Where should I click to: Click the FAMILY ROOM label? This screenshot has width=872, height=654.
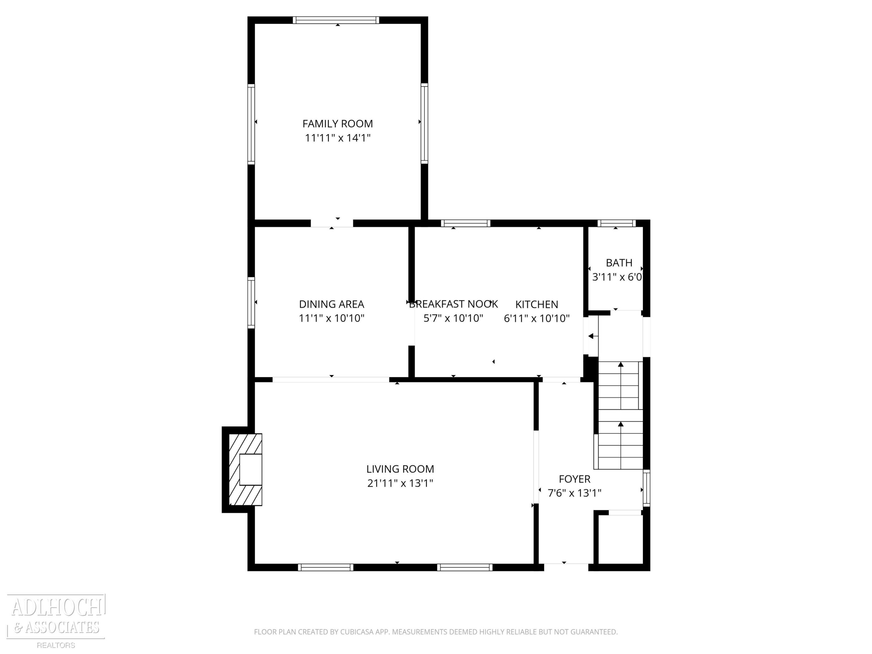(337, 124)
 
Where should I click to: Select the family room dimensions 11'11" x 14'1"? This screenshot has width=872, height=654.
(337, 138)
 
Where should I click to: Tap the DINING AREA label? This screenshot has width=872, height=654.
(332, 304)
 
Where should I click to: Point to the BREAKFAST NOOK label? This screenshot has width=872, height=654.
(453, 304)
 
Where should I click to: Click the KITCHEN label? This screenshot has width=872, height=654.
(537, 304)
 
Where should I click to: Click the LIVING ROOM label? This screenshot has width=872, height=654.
(400, 469)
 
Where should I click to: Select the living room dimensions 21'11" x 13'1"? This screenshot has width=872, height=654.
(400, 483)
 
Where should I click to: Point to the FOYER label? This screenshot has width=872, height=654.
(575, 479)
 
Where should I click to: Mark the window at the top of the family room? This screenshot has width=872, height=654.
(336, 20)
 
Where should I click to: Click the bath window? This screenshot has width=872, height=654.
(617, 223)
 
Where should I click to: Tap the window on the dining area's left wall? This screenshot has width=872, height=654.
(251, 303)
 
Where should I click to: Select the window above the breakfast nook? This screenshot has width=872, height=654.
(466, 223)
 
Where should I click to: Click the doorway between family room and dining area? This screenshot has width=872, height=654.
(332, 223)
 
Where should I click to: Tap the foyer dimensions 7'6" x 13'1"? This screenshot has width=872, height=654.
(575, 493)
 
